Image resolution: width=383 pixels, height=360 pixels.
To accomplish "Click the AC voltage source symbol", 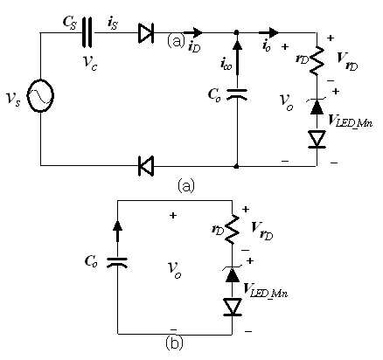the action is pos(40,95).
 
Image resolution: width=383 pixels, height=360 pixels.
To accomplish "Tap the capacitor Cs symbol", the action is pos(87,32).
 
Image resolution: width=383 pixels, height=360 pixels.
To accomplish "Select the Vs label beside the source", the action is pos(13,99).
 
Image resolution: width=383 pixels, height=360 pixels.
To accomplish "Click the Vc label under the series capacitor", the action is pos(89,63).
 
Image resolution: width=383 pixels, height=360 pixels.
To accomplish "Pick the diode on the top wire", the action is pos(146,32).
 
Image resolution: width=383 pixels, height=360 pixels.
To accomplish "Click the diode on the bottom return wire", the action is pos(146,166).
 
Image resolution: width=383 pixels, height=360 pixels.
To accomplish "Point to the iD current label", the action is pos(194,46).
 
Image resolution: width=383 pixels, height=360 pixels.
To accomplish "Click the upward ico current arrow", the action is pos(237,56).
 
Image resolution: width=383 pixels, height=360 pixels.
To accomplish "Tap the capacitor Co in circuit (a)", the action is pos(237,93).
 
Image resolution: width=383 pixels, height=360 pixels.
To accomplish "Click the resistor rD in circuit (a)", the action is pos(317,60).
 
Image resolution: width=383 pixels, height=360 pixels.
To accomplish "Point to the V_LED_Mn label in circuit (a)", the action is pos(350,121).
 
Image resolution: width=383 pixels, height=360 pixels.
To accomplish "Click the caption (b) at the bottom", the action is pos(174,343).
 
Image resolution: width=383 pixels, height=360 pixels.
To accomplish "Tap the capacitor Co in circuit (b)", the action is pos(117,262).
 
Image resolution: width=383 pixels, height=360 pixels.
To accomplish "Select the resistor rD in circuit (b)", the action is pos(233,229).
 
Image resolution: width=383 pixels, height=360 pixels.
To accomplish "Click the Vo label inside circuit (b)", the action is pos(174,270).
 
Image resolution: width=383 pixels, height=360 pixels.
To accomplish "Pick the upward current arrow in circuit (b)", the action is pos(117,231).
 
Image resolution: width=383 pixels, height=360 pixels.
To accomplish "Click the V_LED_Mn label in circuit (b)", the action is pos(266,290).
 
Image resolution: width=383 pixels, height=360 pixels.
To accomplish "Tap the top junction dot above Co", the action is pos(237,32).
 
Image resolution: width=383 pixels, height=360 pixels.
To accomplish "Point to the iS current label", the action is pos(113,23).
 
